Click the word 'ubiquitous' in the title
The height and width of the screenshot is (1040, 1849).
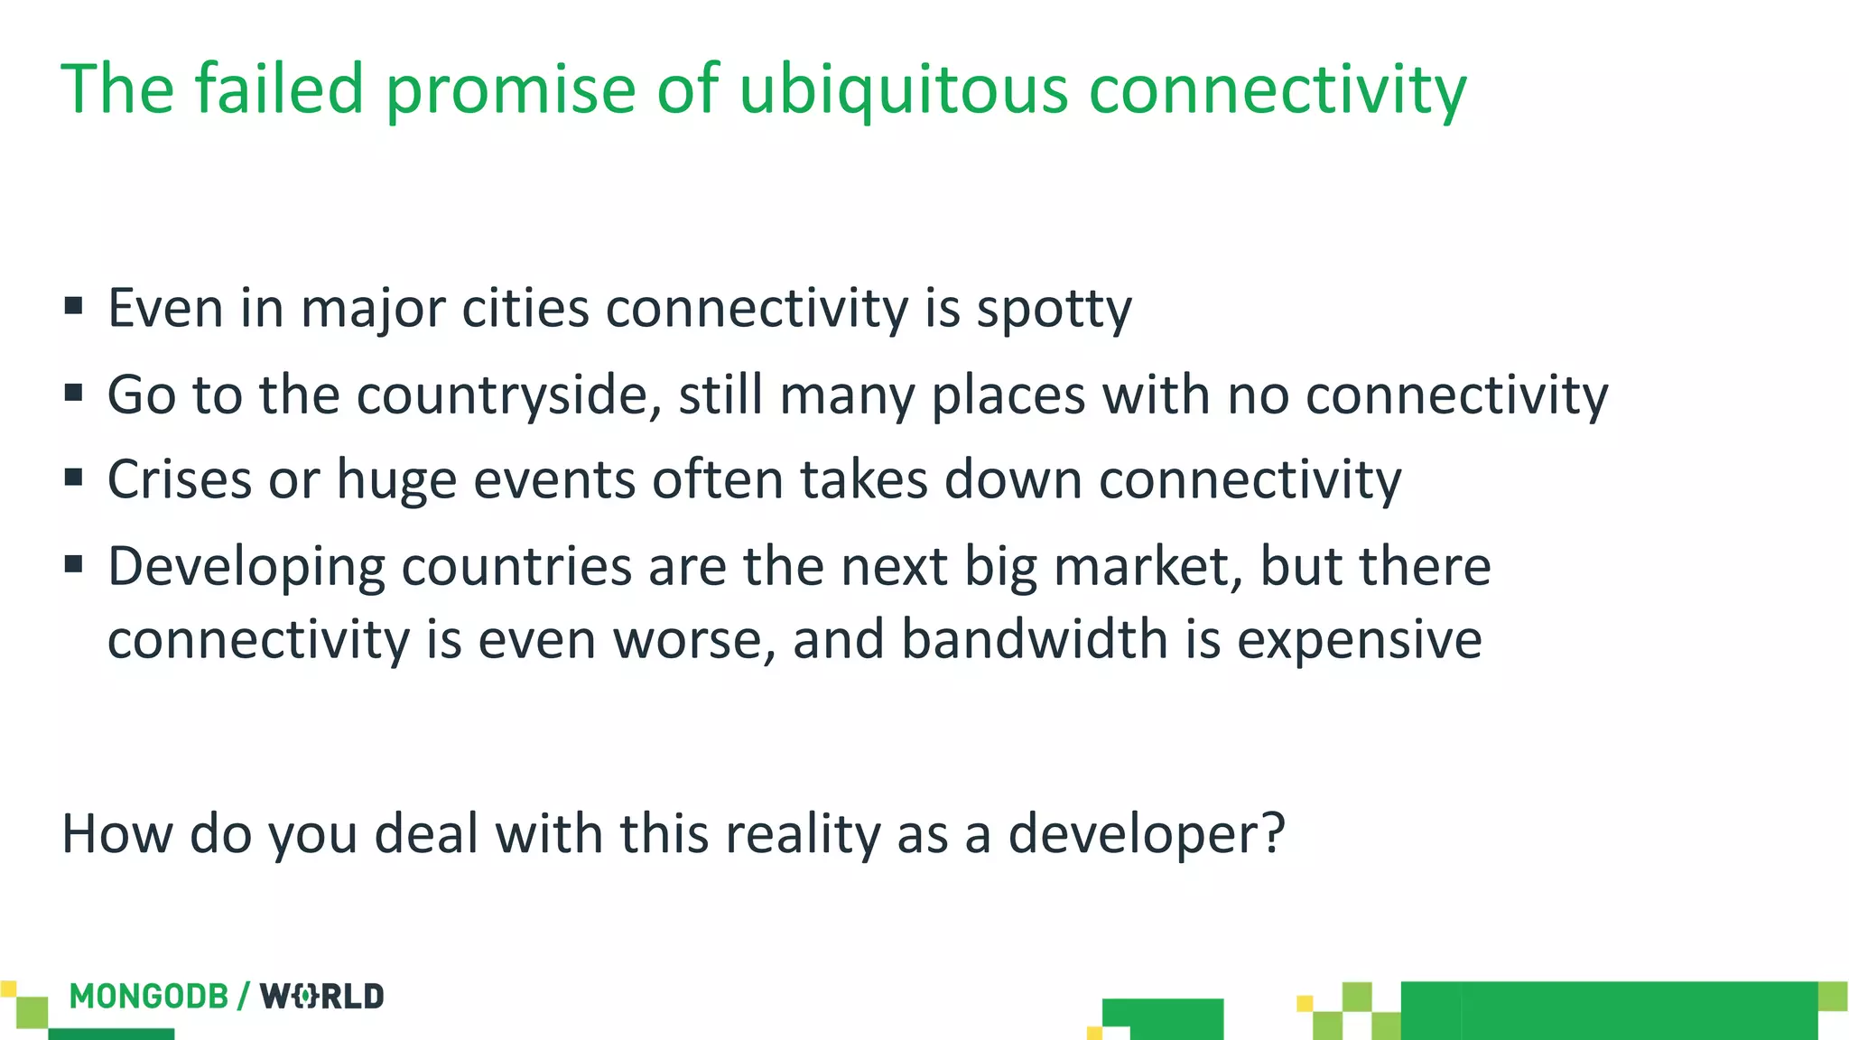pos(904,90)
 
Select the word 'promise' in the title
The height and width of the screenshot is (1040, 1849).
pos(511,90)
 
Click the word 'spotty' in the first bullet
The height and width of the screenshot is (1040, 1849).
pos(1054,310)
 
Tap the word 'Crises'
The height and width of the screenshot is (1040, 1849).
pos(180,478)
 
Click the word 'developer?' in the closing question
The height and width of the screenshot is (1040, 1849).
pos(1146,833)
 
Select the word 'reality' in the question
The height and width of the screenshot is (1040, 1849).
pos(803,833)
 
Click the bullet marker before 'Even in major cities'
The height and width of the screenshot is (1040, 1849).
pos(74,306)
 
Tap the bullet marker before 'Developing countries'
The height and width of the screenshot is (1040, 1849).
pos(74,564)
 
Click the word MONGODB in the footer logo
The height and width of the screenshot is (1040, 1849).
pos(149,997)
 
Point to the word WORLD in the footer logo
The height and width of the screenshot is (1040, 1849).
pos(322,997)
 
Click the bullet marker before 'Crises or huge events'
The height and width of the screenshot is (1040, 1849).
pos(74,477)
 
